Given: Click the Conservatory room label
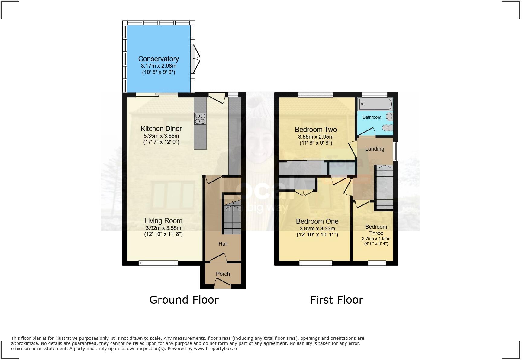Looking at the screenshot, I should coord(158,59).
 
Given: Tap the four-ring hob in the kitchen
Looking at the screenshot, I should coord(200,118).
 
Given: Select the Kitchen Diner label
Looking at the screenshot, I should coord(161,129).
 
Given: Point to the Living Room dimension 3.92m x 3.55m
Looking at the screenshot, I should coord(163,228).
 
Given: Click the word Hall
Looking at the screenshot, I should coord(223,244).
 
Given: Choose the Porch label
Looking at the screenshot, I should coord(223,274).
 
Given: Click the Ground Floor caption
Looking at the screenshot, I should coord(184,300).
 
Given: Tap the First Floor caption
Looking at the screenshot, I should coord(336,300).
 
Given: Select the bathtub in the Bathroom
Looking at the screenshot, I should coord(375,104).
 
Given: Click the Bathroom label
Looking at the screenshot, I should coord(372,117).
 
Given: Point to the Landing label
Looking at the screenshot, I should coord(375,149).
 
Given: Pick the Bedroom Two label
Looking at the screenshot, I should coord(316,130).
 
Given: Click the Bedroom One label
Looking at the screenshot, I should coord(317,221).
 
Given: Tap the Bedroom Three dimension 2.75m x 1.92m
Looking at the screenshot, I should coord(376,239).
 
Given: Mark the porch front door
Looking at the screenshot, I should coord(222,283).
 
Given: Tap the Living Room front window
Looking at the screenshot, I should coord(158,263).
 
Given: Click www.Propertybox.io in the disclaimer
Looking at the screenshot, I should coord(215,349).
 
